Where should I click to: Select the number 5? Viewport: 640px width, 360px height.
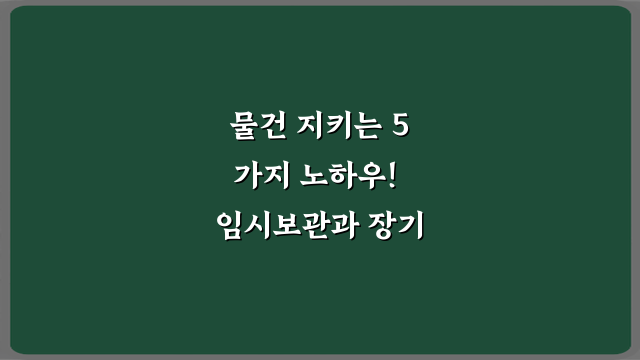[400, 128]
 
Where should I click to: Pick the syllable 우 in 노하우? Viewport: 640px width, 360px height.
[368, 177]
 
